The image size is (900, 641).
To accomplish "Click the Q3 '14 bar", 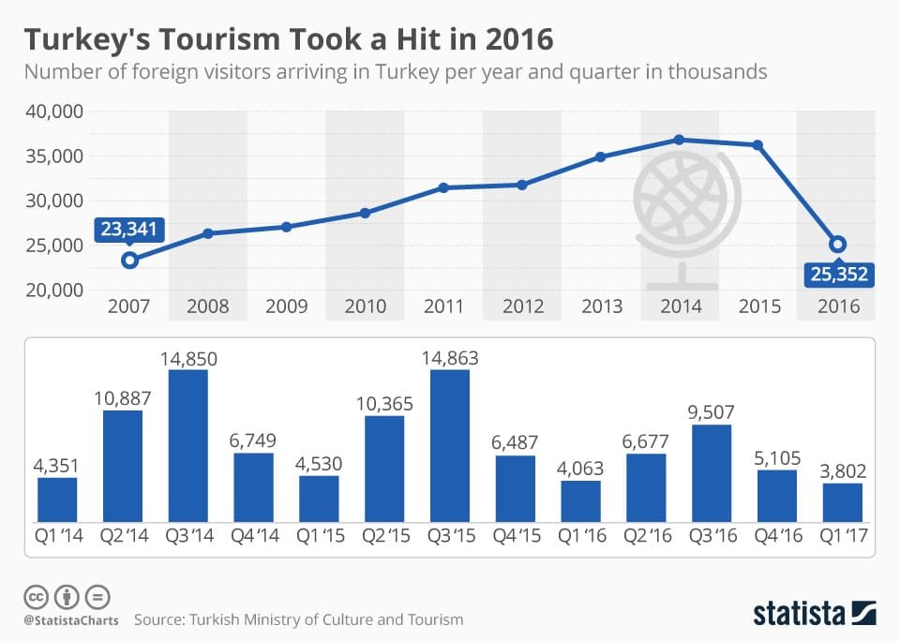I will point(187,446).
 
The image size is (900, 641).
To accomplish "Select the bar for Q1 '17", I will point(842,502).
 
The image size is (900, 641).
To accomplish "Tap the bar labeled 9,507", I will point(712,473).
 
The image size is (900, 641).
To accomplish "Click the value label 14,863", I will point(449,356).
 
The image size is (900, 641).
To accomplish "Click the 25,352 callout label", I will point(838,276).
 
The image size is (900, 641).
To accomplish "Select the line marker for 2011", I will point(444,187).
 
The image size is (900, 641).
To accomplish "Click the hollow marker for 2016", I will point(837,245).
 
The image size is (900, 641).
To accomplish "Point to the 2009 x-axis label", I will point(287,306).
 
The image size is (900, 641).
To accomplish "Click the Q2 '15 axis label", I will point(383,537).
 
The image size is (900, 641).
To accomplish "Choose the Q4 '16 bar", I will point(777,496).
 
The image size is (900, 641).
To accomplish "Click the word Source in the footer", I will point(158,619).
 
